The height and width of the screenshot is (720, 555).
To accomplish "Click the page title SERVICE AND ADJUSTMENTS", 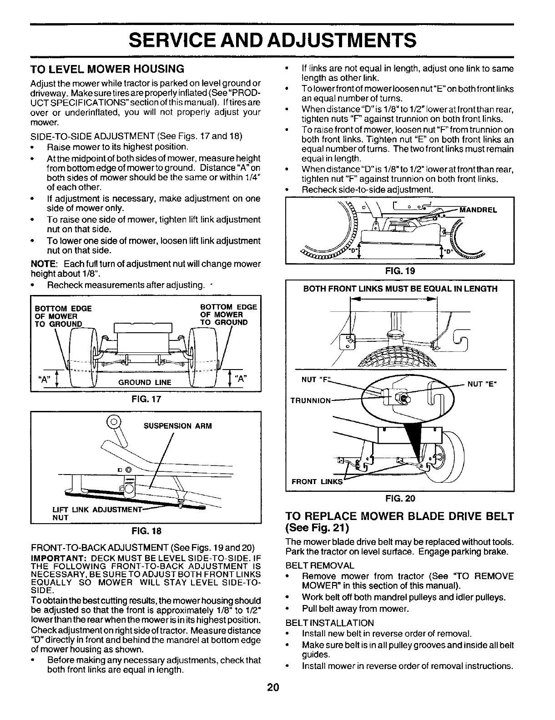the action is click(272, 40).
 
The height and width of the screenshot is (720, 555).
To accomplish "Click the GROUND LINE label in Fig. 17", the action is click(145, 382).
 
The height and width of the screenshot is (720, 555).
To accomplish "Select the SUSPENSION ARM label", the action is click(177, 426).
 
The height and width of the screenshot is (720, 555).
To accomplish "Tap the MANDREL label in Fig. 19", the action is click(479, 210).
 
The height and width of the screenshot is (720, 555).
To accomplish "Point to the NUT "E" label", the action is click(482, 384).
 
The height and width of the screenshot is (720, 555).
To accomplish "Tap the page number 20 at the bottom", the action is click(272, 687).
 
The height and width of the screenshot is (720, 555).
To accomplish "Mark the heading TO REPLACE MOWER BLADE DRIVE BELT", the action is click(399, 516).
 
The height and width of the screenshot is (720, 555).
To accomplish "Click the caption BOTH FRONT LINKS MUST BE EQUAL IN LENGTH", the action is click(400, 289).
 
